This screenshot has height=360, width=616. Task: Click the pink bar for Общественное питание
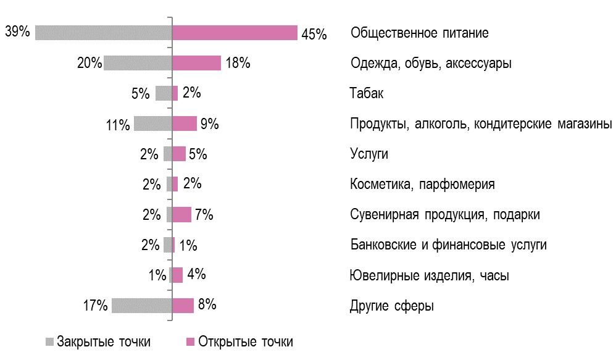point(235,33)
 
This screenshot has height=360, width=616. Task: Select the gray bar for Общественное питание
point(103,33)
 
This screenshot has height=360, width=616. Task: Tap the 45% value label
point(314,35)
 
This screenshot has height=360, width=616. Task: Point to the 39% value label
point(17,31)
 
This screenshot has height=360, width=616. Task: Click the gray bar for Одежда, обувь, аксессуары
point(137,63)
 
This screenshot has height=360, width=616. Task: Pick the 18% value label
point(238,64)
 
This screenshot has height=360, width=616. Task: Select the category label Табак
point(367,94)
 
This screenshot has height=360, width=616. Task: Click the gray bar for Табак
point(163,93)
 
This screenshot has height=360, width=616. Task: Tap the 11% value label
point(118,125)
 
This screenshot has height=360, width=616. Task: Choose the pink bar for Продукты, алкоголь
point(184,123)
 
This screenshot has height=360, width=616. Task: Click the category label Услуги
point(369,154)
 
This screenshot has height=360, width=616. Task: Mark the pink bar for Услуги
point(178,154)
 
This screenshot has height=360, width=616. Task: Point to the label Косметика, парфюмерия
point(422,185)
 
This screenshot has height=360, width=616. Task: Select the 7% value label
point(204,215)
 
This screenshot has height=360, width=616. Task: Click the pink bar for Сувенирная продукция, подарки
point(181,214)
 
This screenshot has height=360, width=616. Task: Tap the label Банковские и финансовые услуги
point(448,245)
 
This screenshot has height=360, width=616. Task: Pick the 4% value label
point(197,275)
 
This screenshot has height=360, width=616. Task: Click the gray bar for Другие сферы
point(141,306)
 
